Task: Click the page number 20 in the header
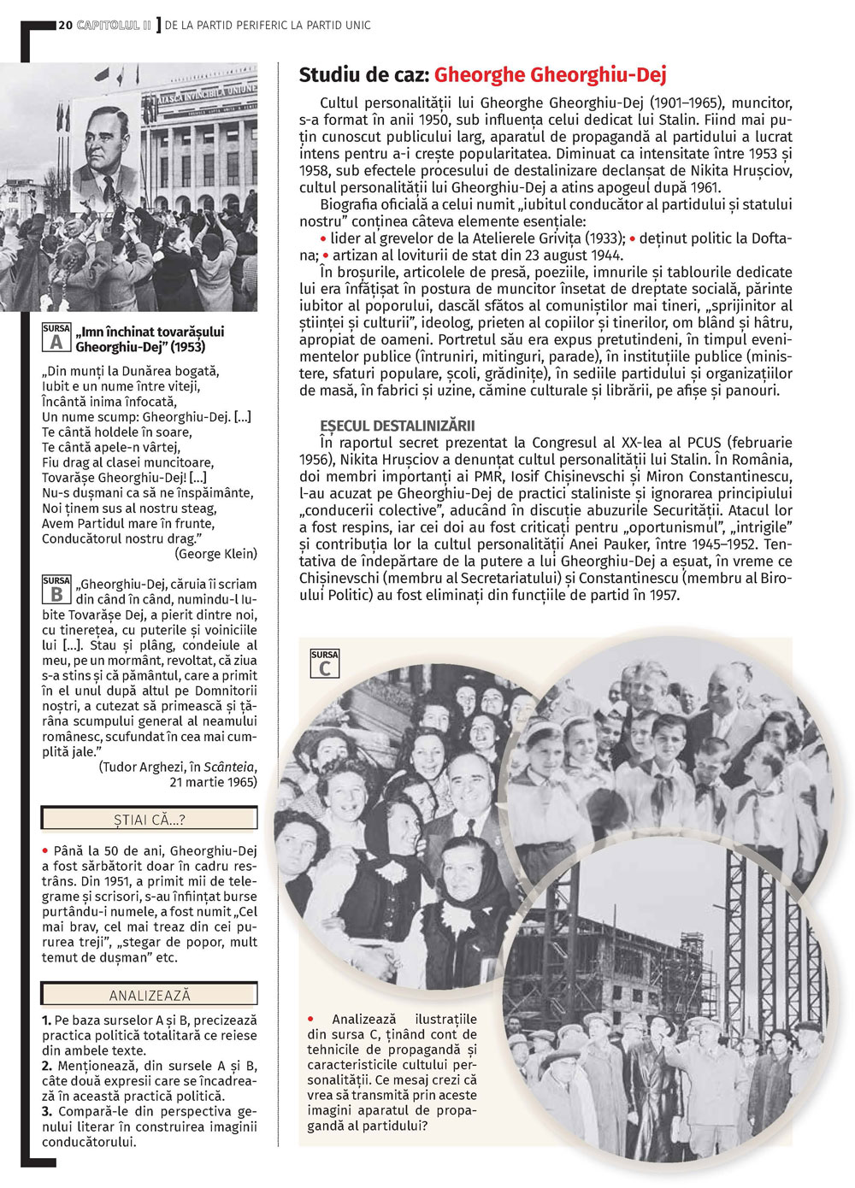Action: tap(66, 26)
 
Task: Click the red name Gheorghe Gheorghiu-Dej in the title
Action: tap(550, 75)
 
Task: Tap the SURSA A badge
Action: tap(56, 338)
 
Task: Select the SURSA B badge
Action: tap(56, 590)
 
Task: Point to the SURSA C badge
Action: tap(325, 664)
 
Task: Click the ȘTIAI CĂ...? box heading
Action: tap(150, 820)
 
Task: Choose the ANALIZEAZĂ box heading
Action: tap(150, 995)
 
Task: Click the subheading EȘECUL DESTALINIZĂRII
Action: tap(397, 426)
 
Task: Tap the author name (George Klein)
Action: tap(215, 554)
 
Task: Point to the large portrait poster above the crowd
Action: tap(105, 154)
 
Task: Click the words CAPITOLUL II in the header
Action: tap(114, 26)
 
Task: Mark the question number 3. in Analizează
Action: tap(47, 1111)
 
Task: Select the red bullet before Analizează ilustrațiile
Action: tap(311, 1019)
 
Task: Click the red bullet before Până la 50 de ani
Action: tap(45, 850)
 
